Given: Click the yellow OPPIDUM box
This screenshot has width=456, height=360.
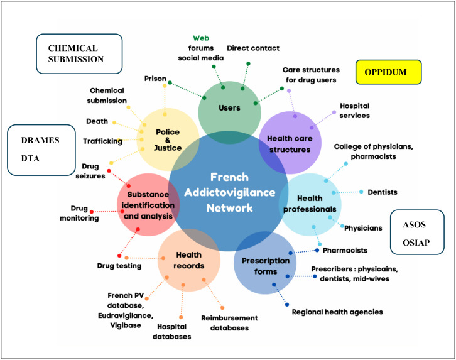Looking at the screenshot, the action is (388, 72).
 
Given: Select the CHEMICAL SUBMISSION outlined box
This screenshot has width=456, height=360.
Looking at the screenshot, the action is (79, 54).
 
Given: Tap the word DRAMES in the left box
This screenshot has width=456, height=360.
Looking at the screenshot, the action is (40, 140).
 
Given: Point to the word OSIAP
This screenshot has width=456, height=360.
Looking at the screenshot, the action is (416, 243).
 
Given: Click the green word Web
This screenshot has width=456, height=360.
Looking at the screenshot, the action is (201, 38).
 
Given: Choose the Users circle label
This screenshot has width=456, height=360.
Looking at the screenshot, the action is (229, 108).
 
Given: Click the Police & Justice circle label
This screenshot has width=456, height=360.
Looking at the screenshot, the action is (168, 140).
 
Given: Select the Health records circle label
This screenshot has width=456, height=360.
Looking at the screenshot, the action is (188, 260).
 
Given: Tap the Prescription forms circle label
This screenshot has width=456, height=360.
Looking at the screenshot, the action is (266, 266).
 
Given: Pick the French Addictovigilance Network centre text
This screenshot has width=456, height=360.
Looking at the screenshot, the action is (229, 192).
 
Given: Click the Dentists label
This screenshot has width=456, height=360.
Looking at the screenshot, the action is (383, 192).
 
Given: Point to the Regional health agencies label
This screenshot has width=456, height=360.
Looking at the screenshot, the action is (337, 312).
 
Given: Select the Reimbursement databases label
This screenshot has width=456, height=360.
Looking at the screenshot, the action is (229, 323).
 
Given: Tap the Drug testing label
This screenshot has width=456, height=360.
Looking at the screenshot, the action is (119, 266).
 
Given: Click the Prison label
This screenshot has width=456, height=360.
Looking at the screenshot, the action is (155, 79).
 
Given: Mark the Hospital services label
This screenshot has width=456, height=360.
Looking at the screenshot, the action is (354, 111).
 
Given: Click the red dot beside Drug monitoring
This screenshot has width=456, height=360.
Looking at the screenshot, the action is (92, 212).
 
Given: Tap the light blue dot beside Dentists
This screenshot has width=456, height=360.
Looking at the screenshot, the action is (361, 192).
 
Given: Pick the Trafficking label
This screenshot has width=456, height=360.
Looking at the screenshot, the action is (102, 141).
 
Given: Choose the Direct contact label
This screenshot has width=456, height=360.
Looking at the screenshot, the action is (253, 48).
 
